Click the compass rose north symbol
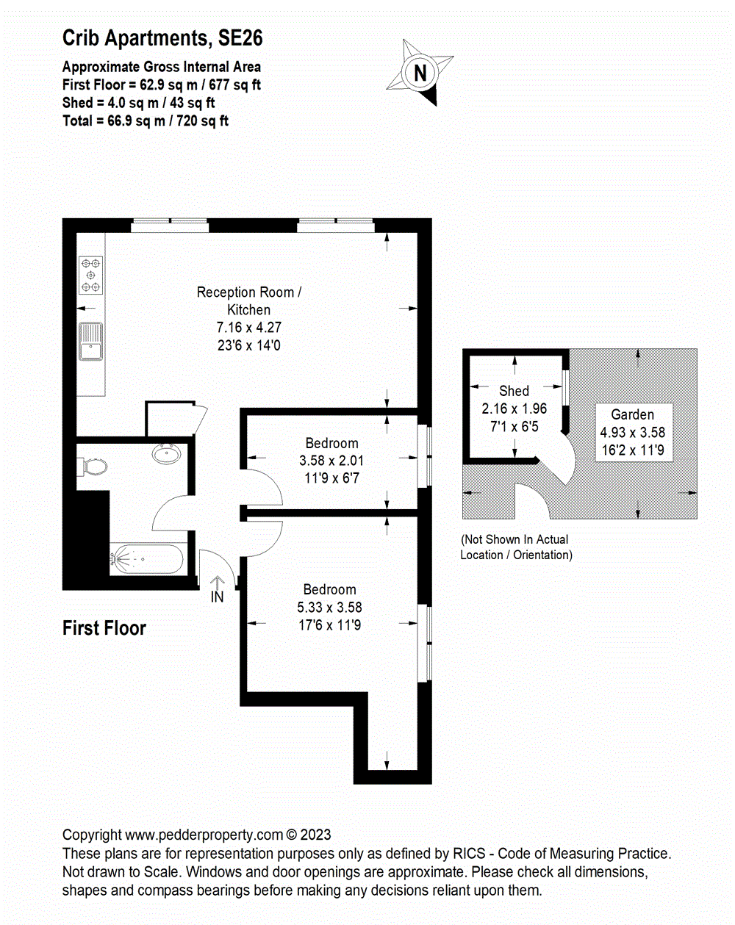(x=420, y=72)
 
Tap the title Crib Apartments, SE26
(x=162, y=38)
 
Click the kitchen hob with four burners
(x=91, y=275)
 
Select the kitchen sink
(x=91, y=342)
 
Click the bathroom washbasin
(x=168, y=454)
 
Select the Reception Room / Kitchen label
(x=249, y=300)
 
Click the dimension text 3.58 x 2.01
(x=331, y=461)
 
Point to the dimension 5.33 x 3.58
(x=329, y=607)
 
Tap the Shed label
(x=514, y=391)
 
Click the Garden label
(x=632, y=414)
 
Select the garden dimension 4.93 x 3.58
(x=632, y=433)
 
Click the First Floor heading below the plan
(x=104, y=628)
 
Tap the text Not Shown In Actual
(x=515, y=539)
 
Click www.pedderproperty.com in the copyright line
(x=204, y=835)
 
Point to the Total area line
(x=146, y=121)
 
